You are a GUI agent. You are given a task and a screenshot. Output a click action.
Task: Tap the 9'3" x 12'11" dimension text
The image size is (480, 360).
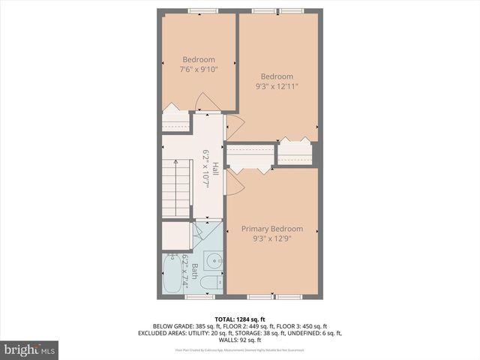[x=277, y=86]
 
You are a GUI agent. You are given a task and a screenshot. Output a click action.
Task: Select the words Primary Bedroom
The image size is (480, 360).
[x=271, y=229]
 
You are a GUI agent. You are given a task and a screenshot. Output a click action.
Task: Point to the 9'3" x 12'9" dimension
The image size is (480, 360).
[x=271, y=239]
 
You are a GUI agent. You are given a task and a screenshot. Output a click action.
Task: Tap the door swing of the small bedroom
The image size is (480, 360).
[x=204, y=103]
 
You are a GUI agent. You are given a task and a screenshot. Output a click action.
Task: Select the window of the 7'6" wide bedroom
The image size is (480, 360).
[x=202, y=11]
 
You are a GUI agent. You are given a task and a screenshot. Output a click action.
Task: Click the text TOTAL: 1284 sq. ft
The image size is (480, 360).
[x=240, y=319]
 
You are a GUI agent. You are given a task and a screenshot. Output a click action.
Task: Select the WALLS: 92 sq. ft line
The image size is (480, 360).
[x=240, y=341]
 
